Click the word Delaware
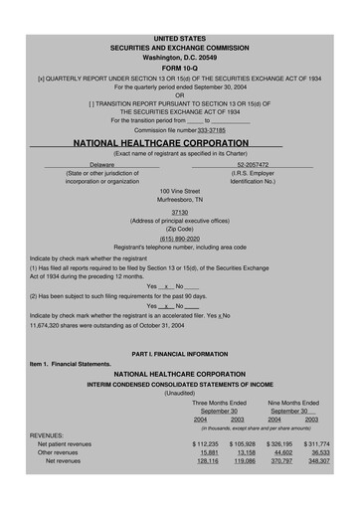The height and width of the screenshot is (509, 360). pyautogui.click(x=102, y=164)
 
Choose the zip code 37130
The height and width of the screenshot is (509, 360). pyautogui.click(x=179, y=213)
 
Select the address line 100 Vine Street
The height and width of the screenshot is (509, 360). pyautogui.click(x=179, y=189)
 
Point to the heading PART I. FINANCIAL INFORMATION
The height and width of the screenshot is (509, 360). pyautogui.click(x=179, y=354)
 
